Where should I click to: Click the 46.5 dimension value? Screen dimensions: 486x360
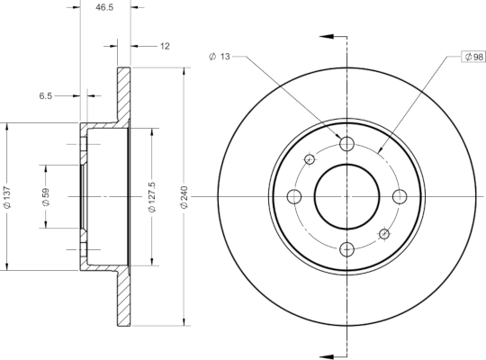[x=104, y=7]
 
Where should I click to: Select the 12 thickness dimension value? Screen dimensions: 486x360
[x=165, y=46]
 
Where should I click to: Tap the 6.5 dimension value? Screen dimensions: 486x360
[x=46, y=95]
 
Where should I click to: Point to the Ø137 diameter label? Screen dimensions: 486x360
[x=7, y=197]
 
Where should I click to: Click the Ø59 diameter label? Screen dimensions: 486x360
[x=46, y=197]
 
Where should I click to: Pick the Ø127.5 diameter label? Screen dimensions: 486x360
[x=152, y=197]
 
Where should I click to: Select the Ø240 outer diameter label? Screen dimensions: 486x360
[x=184, y=197]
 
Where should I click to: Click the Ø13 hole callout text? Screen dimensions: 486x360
[x=220, y=57]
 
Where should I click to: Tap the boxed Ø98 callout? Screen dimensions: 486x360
[x=474, y=57]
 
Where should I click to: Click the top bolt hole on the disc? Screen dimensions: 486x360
[x=346, y=144]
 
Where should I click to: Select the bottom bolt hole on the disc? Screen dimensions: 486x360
[x=346, y=249]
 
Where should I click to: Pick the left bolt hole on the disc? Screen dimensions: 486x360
[x=294, y=196]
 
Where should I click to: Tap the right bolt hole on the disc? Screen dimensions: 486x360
[x=400, y=196]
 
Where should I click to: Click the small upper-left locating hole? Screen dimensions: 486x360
[x=310, y=159]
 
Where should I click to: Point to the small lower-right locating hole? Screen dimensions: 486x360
[x=384, y=234]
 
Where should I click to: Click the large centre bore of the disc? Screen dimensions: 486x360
[x=346, y=196]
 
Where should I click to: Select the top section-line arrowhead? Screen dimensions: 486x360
[x=327, y=36]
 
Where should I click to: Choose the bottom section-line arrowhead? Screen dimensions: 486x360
[x=327, y=356]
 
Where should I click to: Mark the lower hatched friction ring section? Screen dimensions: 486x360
[x=123, y=299]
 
